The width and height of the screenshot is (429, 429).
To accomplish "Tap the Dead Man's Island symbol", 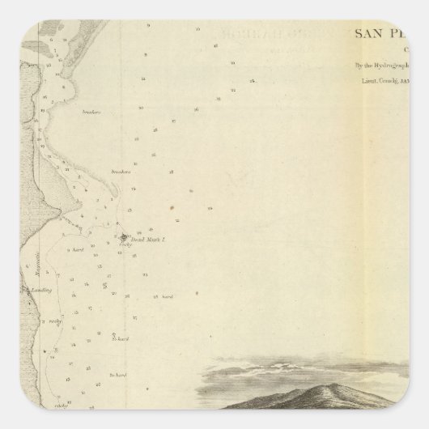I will pyautogui.click(x=124, y=237).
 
